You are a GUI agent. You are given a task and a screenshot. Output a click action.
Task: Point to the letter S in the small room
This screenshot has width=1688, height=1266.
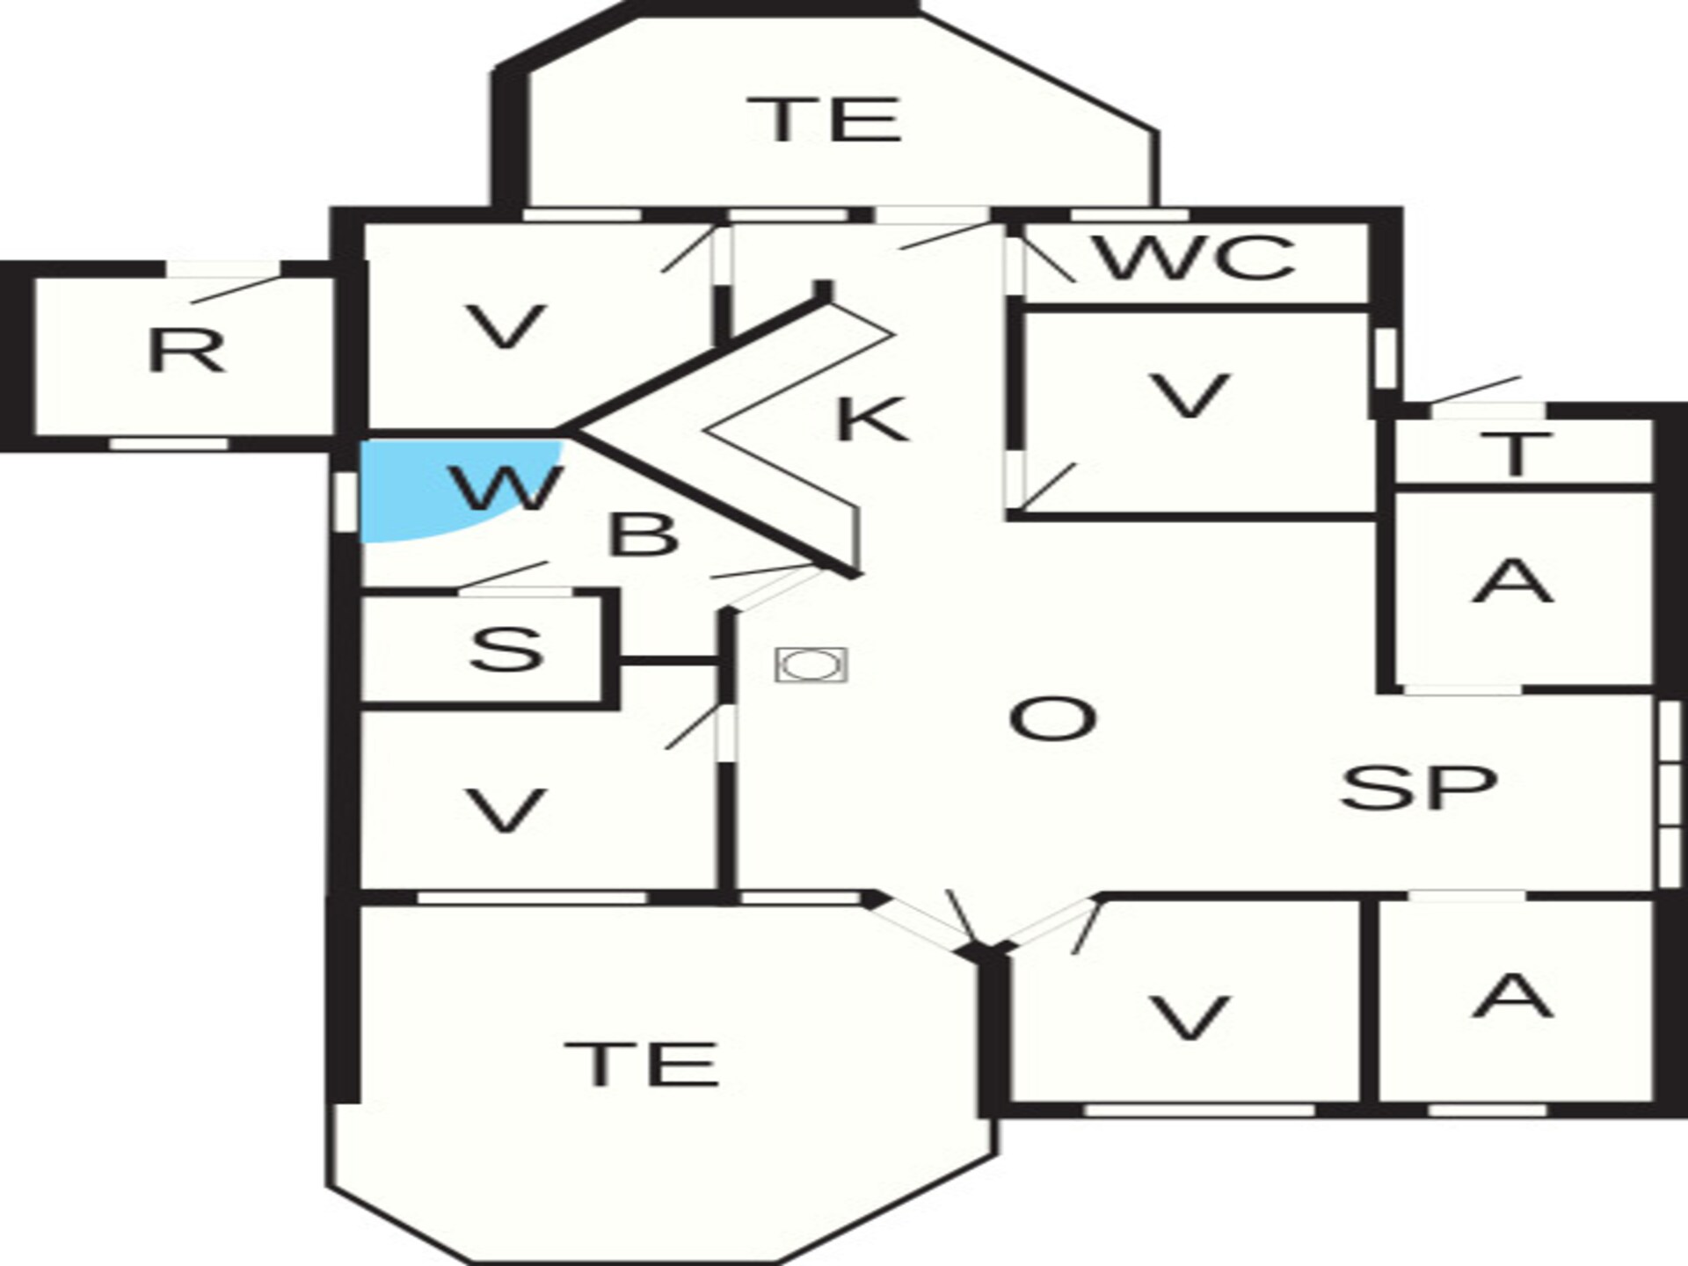(x=506, y=649)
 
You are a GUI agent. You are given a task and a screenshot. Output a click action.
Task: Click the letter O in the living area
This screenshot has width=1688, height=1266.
(x=1052, y=718)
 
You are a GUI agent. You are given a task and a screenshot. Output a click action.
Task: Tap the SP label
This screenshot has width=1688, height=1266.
(x=1418, y=787)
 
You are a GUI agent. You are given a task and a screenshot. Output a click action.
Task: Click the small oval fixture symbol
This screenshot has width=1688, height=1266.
(x=811, y=666)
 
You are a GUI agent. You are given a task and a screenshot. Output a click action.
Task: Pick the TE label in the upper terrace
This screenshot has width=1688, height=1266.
(x=824, y=120)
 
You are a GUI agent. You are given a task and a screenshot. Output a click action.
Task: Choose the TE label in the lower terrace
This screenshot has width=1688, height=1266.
(x=642, y=1063)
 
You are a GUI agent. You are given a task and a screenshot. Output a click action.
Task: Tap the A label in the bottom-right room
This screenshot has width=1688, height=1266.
(x=1512, y=995)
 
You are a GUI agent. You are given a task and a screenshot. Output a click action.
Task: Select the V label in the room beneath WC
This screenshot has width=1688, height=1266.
(x=1190, y=396)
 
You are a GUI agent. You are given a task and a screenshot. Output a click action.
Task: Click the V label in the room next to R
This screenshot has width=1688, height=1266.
(x=506, y=327)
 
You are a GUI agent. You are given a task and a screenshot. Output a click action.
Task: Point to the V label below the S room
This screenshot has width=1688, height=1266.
(x=506, y=810)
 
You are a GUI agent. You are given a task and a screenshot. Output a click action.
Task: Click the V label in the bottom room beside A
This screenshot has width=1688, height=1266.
(x=1190, y=1018)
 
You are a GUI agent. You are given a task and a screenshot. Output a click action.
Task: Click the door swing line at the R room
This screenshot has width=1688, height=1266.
(x=236, y=289)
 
